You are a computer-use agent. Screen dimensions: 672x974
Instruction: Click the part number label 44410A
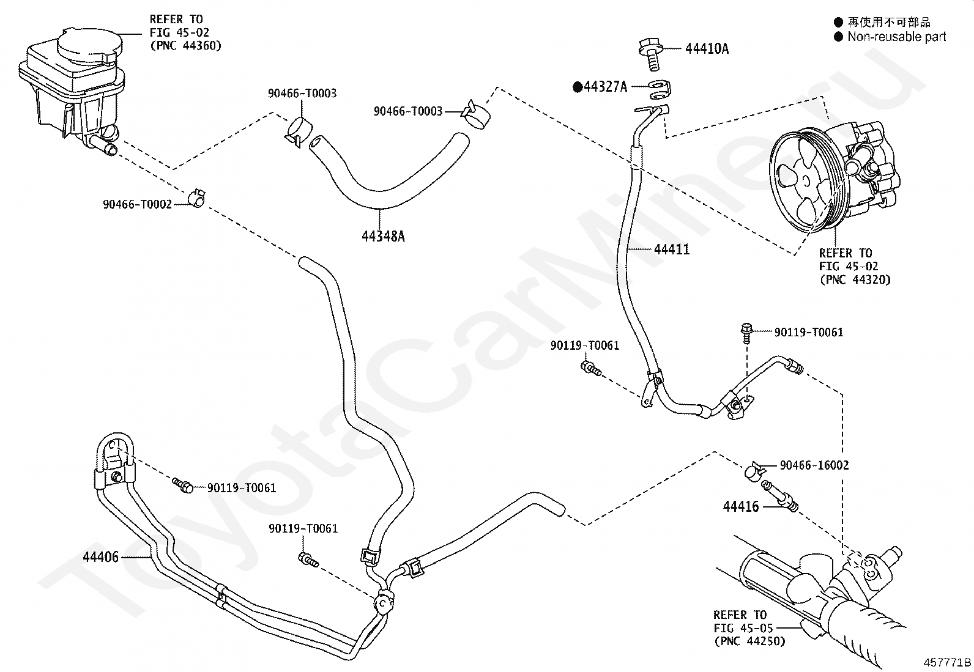[x=707, y=49]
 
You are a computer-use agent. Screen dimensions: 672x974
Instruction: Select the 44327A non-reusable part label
[x=605, y=87]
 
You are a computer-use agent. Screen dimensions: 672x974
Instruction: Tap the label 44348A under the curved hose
[x=383, y=235]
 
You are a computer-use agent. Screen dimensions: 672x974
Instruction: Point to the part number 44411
[x=671, y=249]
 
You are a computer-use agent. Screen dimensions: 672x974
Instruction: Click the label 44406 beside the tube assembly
[x=102, y=557]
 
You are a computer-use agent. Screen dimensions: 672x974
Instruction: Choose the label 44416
[x=740, y=506]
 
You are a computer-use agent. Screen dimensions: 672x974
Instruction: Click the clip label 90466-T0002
[x=137, y=205]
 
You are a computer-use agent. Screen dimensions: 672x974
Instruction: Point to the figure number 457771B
[x=947, y=662]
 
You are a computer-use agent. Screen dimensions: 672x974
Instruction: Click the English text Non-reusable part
[x=896, y=37]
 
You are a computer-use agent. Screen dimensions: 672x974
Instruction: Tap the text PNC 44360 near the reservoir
[x=186, y=46]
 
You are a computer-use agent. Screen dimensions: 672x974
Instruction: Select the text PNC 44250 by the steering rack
[x=749, y=641]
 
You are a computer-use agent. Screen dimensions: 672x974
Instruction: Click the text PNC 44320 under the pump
[x=855, y=279]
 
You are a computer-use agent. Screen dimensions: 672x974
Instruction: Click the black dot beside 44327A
[x=577, y=87]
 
